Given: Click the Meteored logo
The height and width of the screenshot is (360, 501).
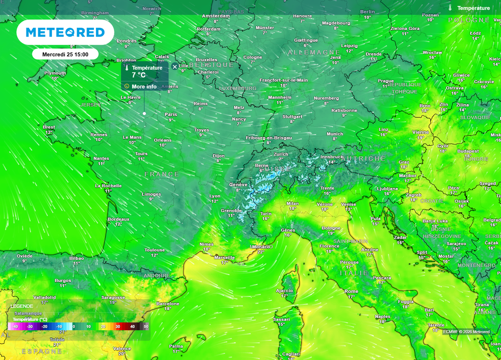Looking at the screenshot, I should pyautogui.click(x=65, y=32).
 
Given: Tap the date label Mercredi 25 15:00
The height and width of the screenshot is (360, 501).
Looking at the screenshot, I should pyautogui.click(x=65, y=54).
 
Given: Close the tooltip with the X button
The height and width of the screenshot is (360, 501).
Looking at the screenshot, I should pyautogui.click(x=175, y=67).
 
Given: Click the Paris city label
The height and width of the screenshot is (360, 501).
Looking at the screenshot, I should pyautogui.click(x=171, y=114).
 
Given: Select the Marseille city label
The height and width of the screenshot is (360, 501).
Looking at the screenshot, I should pyautogui.click(x=225, y=257).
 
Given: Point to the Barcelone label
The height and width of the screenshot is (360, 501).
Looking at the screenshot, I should pyautogui.click(x=168, y=303).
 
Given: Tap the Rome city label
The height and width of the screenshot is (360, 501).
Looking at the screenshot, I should pyautogui.click(x=351, y=291).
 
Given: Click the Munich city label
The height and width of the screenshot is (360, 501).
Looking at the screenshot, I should pyautogui.click(x=335, y=134).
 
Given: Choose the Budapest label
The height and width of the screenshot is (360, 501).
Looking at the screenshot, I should pyautogui.click(x=468, y=151).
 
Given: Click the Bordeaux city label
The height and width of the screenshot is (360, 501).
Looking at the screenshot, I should pyautogui.click(x=118, y=219).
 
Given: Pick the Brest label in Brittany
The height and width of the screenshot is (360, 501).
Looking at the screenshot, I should pyautogui.click(x=49, y=127).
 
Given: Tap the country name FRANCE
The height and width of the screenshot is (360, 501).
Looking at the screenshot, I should pyautogui.click(x=162, y=174).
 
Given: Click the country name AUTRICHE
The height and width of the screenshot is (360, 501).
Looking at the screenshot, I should pyautogui.click(x=364, y=158).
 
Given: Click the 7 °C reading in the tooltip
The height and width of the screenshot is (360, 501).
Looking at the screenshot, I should pyautogui.click(x=138, y=75).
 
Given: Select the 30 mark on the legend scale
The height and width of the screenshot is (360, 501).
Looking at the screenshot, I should pyautogui.click(x=117, y=326).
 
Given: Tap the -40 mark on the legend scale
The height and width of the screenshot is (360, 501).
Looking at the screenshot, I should pyautogui.click(x=15, y=326).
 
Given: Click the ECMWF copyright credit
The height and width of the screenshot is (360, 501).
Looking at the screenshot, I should pyautogui.click(x=466, y=332).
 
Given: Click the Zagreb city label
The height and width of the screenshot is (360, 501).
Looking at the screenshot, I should pyautogui.click(x=413, y=195).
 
